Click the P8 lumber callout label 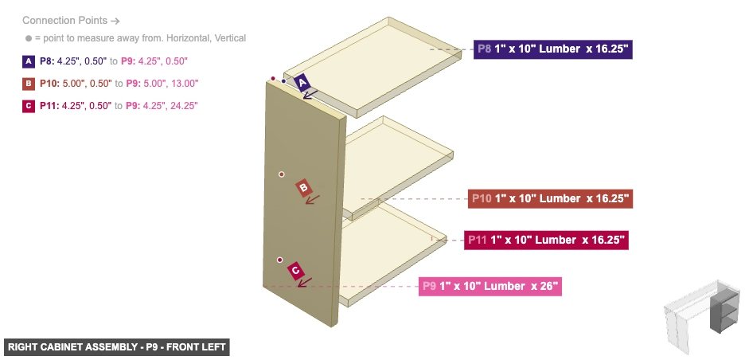click(x=553, y=49)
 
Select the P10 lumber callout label click(x=549, y=198)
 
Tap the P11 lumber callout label click(x=546, y=239)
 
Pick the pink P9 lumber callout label click(x=490, y=286)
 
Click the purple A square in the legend click(x=29, y=61)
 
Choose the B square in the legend click(x=29, y=84)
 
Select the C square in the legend click(x=29, y=106)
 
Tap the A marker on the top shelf click(x=302, y=82)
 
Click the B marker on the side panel click(x=303, y=188)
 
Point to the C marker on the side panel click(x=295, y=271)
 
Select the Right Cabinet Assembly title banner click(x=116, y=347)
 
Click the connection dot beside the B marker click(x=281, y=174)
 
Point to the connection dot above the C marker click(x=279, y=260)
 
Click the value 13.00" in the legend click(x=184, y=84)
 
